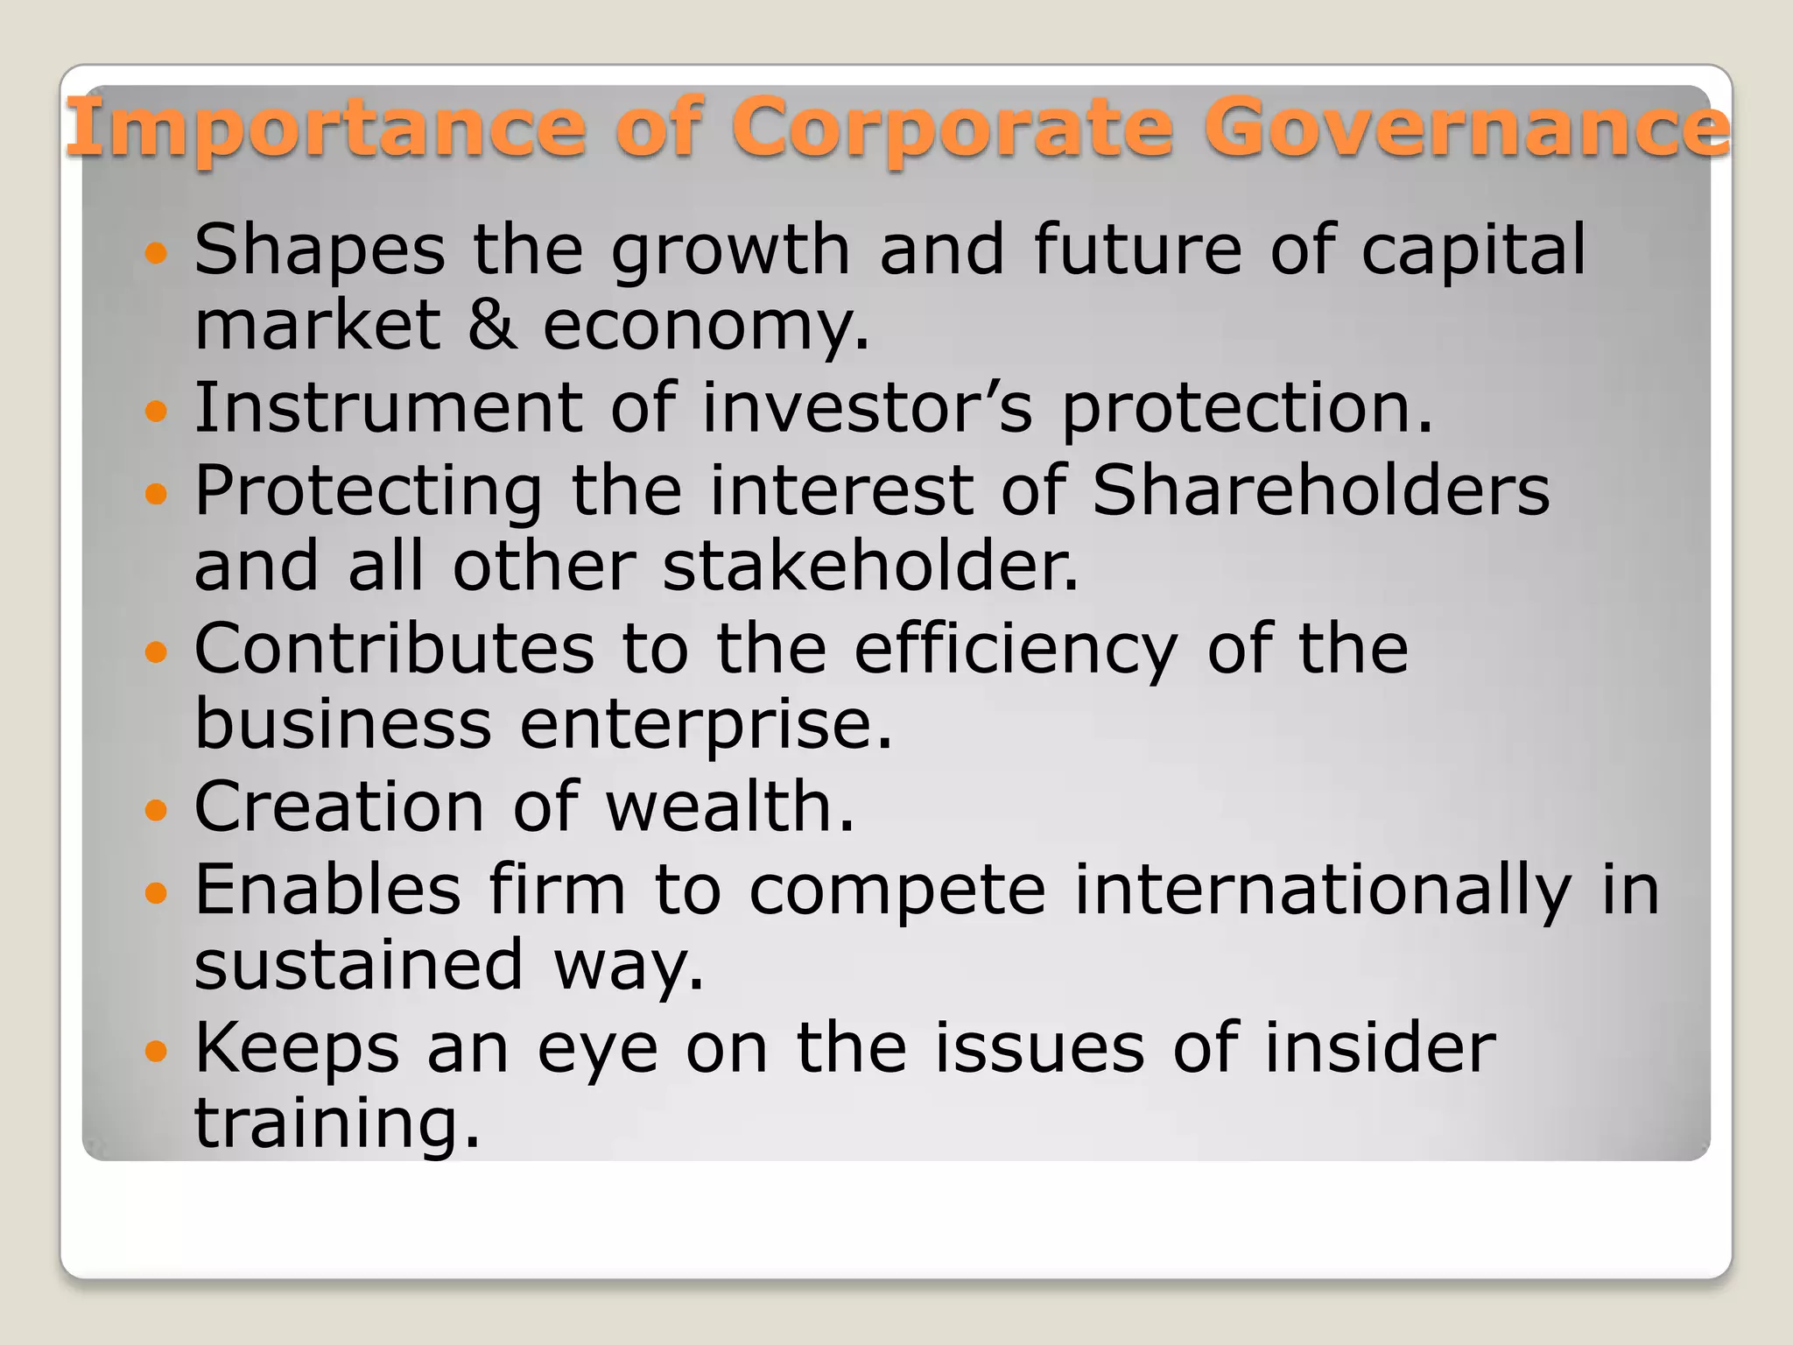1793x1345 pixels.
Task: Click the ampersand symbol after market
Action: click(492, 325)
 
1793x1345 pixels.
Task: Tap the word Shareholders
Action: click(1321, 489)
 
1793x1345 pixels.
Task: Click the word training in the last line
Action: click(337, 1125)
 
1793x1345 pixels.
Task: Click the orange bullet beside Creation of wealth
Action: click(155, 811)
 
